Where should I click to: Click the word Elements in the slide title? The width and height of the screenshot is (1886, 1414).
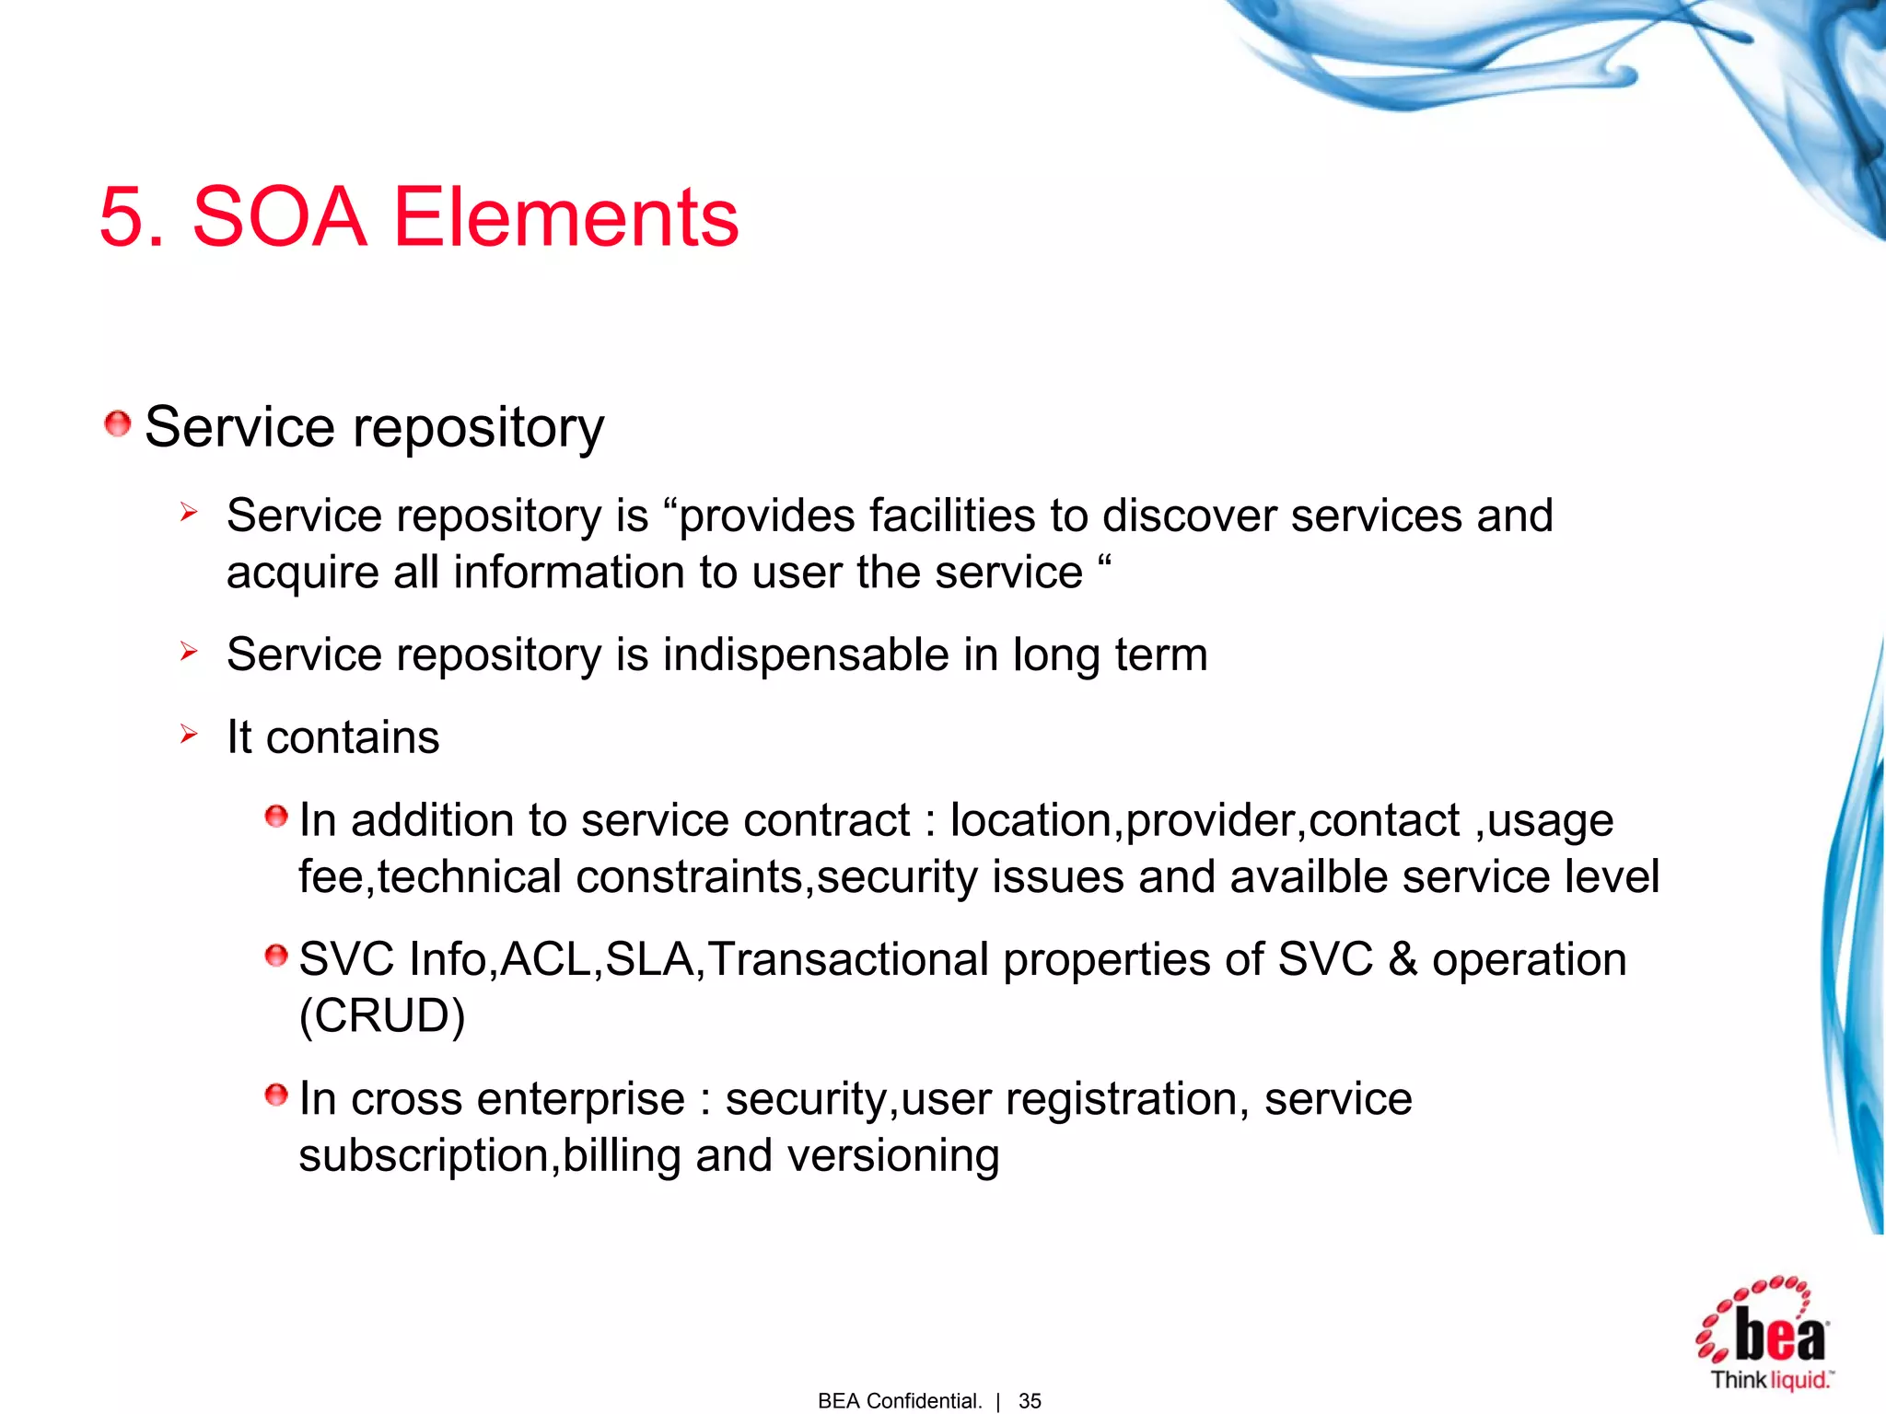[565, 217]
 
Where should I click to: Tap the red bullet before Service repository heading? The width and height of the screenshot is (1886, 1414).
[117, 424]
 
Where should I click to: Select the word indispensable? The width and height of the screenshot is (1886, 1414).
[806, 655]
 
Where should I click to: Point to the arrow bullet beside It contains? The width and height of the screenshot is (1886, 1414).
[189, 734]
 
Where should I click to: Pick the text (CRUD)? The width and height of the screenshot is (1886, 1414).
[382, 1015]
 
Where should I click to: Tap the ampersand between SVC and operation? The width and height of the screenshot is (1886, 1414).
[1403, 959]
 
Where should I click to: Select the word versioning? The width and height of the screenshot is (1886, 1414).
[893, 1155]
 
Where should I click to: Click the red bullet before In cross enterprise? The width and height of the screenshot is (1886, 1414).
[275, 1095]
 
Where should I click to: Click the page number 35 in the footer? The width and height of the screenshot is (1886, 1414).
[1030, 1400]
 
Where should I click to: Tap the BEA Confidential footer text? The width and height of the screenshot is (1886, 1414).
[899, 1400]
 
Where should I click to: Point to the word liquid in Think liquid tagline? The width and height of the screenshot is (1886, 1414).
[1799, 1380]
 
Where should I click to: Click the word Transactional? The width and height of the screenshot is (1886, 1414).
[848, 959]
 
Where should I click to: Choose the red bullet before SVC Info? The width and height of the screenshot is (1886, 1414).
[275, 956]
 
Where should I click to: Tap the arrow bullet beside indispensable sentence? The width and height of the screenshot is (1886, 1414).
[189, 652]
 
